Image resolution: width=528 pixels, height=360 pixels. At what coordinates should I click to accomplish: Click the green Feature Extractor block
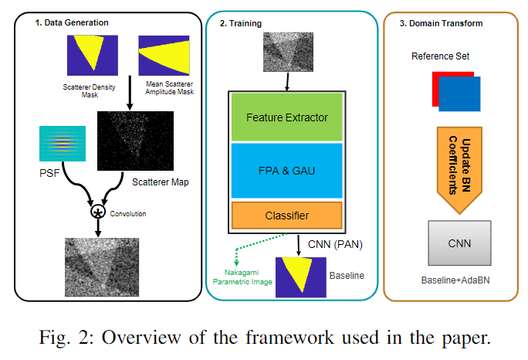pos(287,117)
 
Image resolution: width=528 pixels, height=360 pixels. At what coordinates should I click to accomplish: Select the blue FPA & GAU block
pos(287,171)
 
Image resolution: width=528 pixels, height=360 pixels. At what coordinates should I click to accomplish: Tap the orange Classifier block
pos(287,216)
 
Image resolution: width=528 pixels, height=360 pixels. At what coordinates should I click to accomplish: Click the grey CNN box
pos(459,243)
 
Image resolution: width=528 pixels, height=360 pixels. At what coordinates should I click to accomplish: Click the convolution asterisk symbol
pos(98,212)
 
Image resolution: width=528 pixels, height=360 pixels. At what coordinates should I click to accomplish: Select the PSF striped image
pos(63,144)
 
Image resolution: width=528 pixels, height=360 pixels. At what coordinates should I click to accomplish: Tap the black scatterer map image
pos(135,141)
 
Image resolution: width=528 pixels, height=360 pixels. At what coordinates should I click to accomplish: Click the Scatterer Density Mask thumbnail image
pos(93,56)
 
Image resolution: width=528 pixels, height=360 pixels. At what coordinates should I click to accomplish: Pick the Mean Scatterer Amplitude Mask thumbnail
pos(164,56)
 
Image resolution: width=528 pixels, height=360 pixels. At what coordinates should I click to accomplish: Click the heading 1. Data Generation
pos(72,22)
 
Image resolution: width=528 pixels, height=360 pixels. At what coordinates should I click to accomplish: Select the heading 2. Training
pos(240,23)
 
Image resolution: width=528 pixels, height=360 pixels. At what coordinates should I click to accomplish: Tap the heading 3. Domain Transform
pos(441,23)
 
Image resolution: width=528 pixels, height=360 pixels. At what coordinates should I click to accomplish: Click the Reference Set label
pos(440,56)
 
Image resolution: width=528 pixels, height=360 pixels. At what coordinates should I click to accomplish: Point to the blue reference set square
pos(459,94)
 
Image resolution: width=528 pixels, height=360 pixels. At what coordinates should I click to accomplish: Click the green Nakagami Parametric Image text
pos(242,277)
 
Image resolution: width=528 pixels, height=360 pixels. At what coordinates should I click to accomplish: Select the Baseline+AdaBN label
pos(455,280)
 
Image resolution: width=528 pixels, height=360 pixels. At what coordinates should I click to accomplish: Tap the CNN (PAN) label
pos(335,244)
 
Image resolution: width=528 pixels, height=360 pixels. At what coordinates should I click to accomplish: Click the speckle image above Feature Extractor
pos(288,52)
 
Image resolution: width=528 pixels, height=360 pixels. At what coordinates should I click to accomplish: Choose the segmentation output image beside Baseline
pos(301,277)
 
